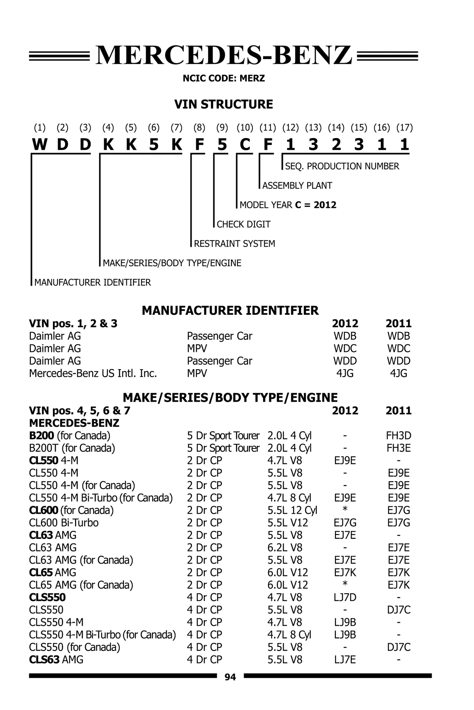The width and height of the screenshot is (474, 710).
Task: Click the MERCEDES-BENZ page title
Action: pyautogui.click(x=224, y=55)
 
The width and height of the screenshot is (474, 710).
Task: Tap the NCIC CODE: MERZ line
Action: pyautogui.click(x=224, y=78)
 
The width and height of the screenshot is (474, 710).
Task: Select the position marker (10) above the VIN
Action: pyautogui.click(x=245, y=127)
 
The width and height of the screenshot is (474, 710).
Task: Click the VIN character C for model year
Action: pyautogui.click(x=245, y=145)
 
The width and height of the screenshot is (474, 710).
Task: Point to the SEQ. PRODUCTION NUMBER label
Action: pyautogui.click(x=342, y=166)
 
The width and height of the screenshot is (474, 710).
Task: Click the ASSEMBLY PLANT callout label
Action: pyautogui.click(x=297, y=185)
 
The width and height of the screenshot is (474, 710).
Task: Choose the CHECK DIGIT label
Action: pyautogui.click(x=243, y=224)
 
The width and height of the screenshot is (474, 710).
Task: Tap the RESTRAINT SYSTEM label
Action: pyautogui.click(x=234, y=243)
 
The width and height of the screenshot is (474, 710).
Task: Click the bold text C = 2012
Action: pyautogui.click(x=316, y=205)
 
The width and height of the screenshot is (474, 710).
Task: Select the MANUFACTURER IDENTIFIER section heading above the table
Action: pyautogui.click(x=230, y=310)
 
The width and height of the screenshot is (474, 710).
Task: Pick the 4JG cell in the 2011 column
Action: pyautogui.click(x=399, y=373)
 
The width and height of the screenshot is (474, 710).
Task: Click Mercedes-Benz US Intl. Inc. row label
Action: pyautogui.click(x=93, y=373)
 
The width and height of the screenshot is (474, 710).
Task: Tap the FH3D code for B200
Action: pyautogui.click(x=399, y=435)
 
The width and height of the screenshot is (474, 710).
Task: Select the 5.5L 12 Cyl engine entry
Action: pyautogui.click(x=292, y=510)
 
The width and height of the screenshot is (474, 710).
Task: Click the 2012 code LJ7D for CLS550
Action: pyautogui.click(x=345, y=597)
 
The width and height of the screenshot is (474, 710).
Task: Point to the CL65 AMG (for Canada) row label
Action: pyautogui.click(x=81, y=585)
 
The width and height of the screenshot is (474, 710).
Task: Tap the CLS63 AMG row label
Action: pyautogui.click(x=56, y=660)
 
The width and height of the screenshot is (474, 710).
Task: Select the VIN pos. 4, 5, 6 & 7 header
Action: pyautogui.click(x=79, y=411)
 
